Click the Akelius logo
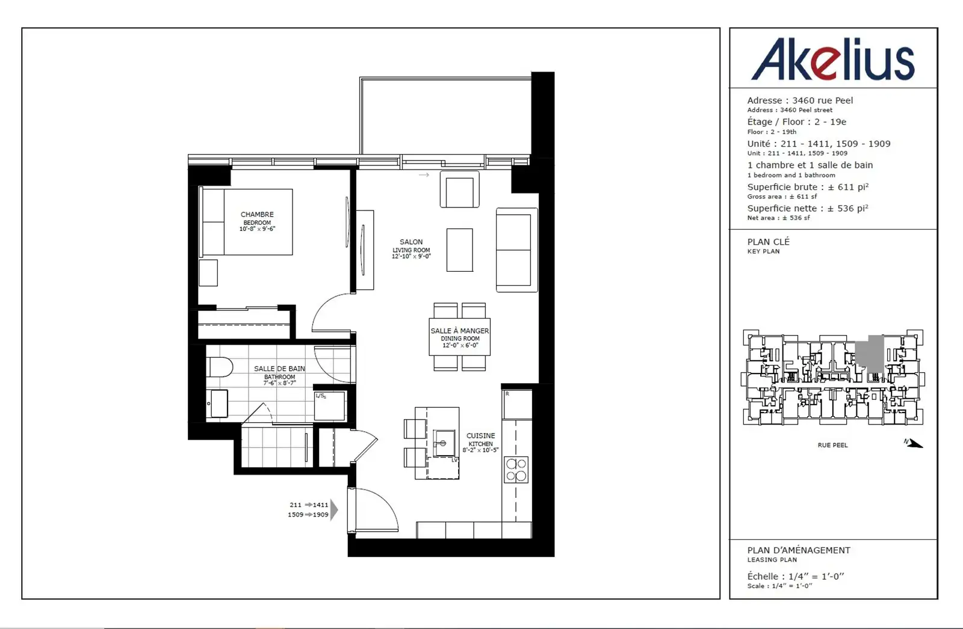click(833, 59)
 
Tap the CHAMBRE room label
click(257, 215)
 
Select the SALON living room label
click(411, 242)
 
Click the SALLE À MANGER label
click(460, 331)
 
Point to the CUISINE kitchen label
click(481, 435)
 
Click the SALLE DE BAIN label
click(279, 369)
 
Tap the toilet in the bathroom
click(220, 367)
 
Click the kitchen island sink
click(444, 443)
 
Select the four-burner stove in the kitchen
click(516, 470)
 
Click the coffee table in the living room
click(460, 250)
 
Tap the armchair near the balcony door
click(460, 189)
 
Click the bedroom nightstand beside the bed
click(208, 273)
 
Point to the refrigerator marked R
click(517, 404)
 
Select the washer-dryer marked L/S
click(329, 405)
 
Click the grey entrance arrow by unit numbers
click(334, 509)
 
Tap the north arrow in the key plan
click(914, 443)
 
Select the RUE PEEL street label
click(833, 445)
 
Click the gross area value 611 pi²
click(848, 187)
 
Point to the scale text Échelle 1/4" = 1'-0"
click(796, 577)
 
